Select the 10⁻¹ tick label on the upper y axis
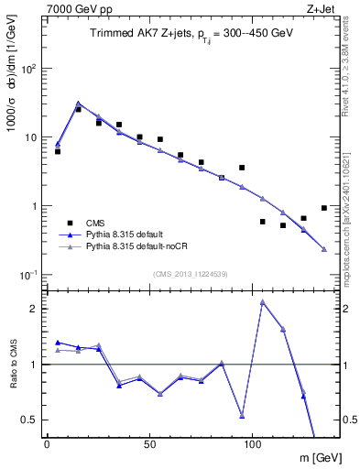tap(27, 275)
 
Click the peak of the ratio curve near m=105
tap(263, 301)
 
